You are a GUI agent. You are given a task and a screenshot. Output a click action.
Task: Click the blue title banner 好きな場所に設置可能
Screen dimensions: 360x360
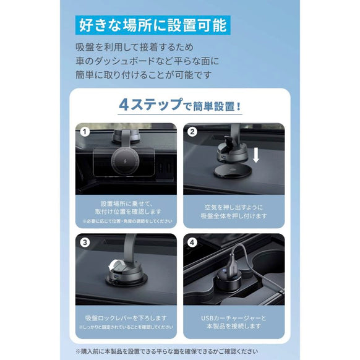[x=152, y=26]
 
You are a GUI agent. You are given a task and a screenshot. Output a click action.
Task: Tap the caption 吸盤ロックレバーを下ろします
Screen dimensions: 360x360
[x=125, y=317]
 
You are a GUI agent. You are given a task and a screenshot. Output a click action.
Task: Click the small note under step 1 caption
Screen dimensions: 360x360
[x=125, y=221]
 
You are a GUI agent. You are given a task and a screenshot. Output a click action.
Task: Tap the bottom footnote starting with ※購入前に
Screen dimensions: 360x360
[x=179, y=349]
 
